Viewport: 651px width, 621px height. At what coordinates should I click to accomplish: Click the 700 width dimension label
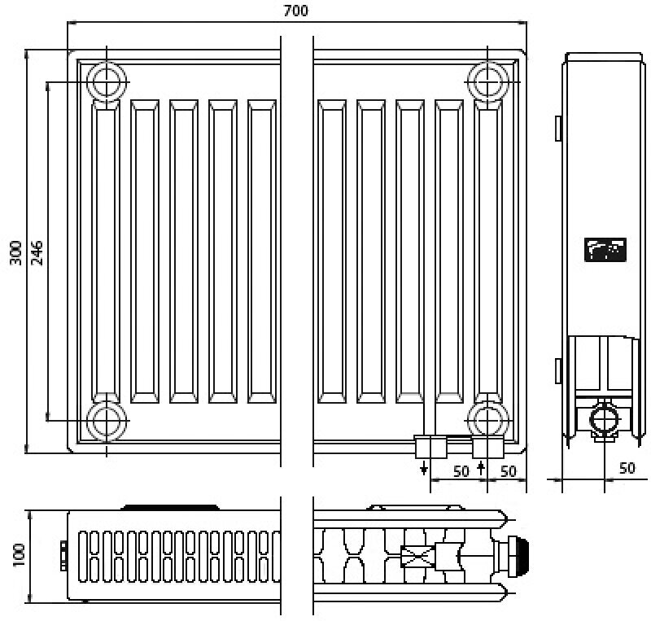(x=295, y=11)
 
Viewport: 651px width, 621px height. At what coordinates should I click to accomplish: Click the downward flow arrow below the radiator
(x=423, y=469)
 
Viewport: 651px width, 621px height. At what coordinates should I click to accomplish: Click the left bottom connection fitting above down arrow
(x=430, y=446)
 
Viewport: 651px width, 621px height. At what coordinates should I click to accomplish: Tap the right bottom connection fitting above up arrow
(x=487, y=446)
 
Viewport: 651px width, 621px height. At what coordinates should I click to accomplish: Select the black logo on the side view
(x=604, y=250)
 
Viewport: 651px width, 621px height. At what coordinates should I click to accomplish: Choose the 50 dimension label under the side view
(x=627, y=468)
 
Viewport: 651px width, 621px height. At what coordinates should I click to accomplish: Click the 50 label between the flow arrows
(x=461, y=470)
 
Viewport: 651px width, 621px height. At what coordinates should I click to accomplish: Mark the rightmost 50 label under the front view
(x=509, y=470)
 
